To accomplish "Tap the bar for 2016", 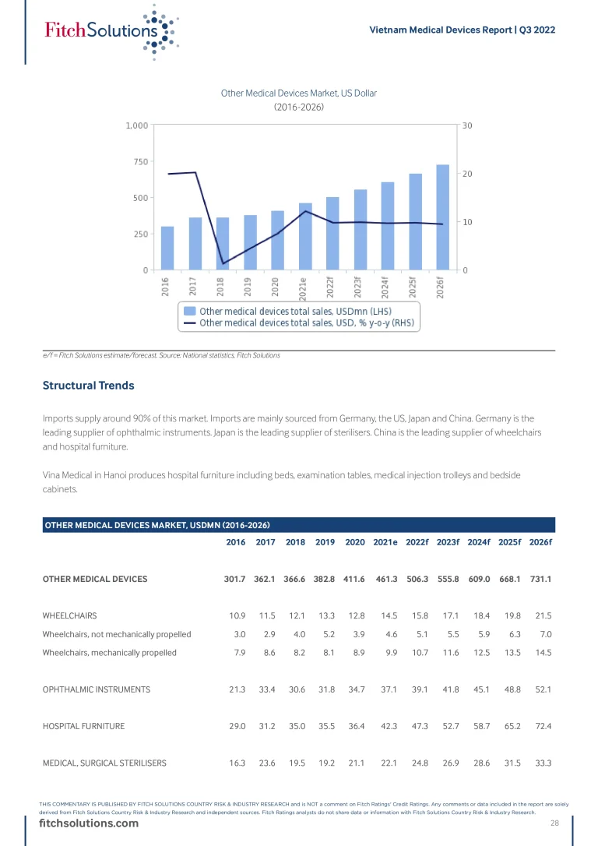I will click(x=167, y=249).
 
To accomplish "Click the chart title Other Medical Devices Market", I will click(x=299, y=93).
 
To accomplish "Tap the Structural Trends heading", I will click(x=88, y=386).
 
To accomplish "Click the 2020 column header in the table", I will click(x=354, y=543).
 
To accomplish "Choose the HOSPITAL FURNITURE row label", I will click(x=83, y=726).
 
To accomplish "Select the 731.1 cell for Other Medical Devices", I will click(x=540, y=579).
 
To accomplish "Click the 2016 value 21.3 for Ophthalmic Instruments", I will click(x=237, y=689).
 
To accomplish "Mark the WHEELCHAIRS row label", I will click(x=69, y=616).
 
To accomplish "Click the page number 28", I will click(x=555, y=823).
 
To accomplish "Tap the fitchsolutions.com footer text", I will click(x=83, y=825).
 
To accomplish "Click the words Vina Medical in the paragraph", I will click(x=69, y=474).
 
